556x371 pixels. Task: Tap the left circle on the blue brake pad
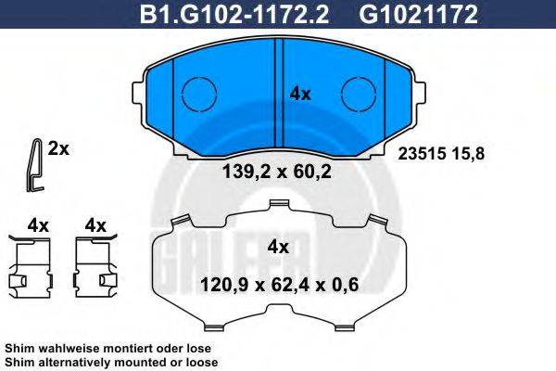pyautogui.click(x=196, y=93)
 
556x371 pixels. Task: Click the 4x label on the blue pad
pyautogui.click(x=300, y=94)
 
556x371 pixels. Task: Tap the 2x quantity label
pyautogui.click(x=59, y=148)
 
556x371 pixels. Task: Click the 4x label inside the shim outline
pyautogui.click(x=278, y=247)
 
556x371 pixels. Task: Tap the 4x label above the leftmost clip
pyautogui.click(x=37, y=224)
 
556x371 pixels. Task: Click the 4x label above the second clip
pyautogui.click(x=95, y=224)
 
